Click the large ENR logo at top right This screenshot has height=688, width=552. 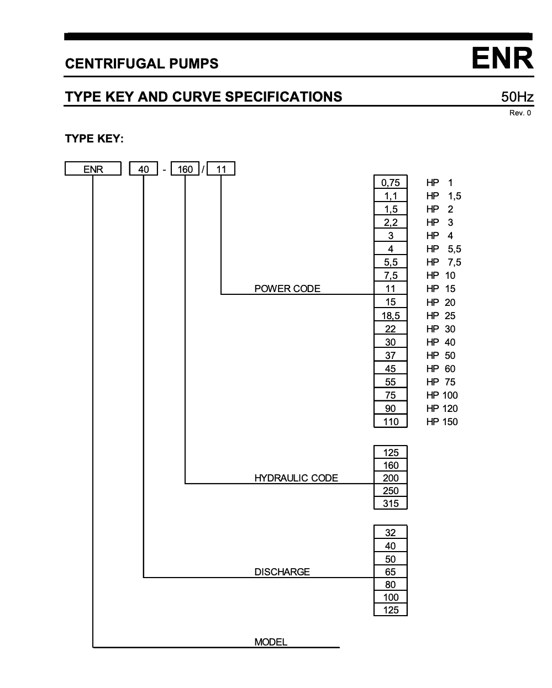click(x=502, y=59)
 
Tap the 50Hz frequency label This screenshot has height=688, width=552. click(x=517, y=97)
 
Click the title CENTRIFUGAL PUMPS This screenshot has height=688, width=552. click(x=141, y=63)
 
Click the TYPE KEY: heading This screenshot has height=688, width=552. click(x=94, y=138)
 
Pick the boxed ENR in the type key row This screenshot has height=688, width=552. click(x=93, y=169)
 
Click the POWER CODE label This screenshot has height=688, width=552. click(x=287, y=289)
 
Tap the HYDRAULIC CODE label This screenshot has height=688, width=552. click(x=296, y=478)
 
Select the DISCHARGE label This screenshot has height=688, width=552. click(x=282, y=572)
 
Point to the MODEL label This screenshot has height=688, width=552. click(x=271, y=642)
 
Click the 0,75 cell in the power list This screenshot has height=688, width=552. click(x=390, y=183)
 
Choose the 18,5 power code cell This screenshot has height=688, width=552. click(x=390, y=316)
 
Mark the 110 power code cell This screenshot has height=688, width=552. click(x=390, y=422)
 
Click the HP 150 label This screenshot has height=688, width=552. click(x=442, y=422)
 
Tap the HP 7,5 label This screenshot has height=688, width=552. click(x=443, y=262)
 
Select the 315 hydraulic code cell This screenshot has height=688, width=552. click(x=390, y=504)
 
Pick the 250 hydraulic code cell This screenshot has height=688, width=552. click(x=390, y=491)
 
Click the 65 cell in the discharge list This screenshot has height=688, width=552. click(x=390, y=572)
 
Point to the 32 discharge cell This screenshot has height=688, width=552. click(x=390, y=533)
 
